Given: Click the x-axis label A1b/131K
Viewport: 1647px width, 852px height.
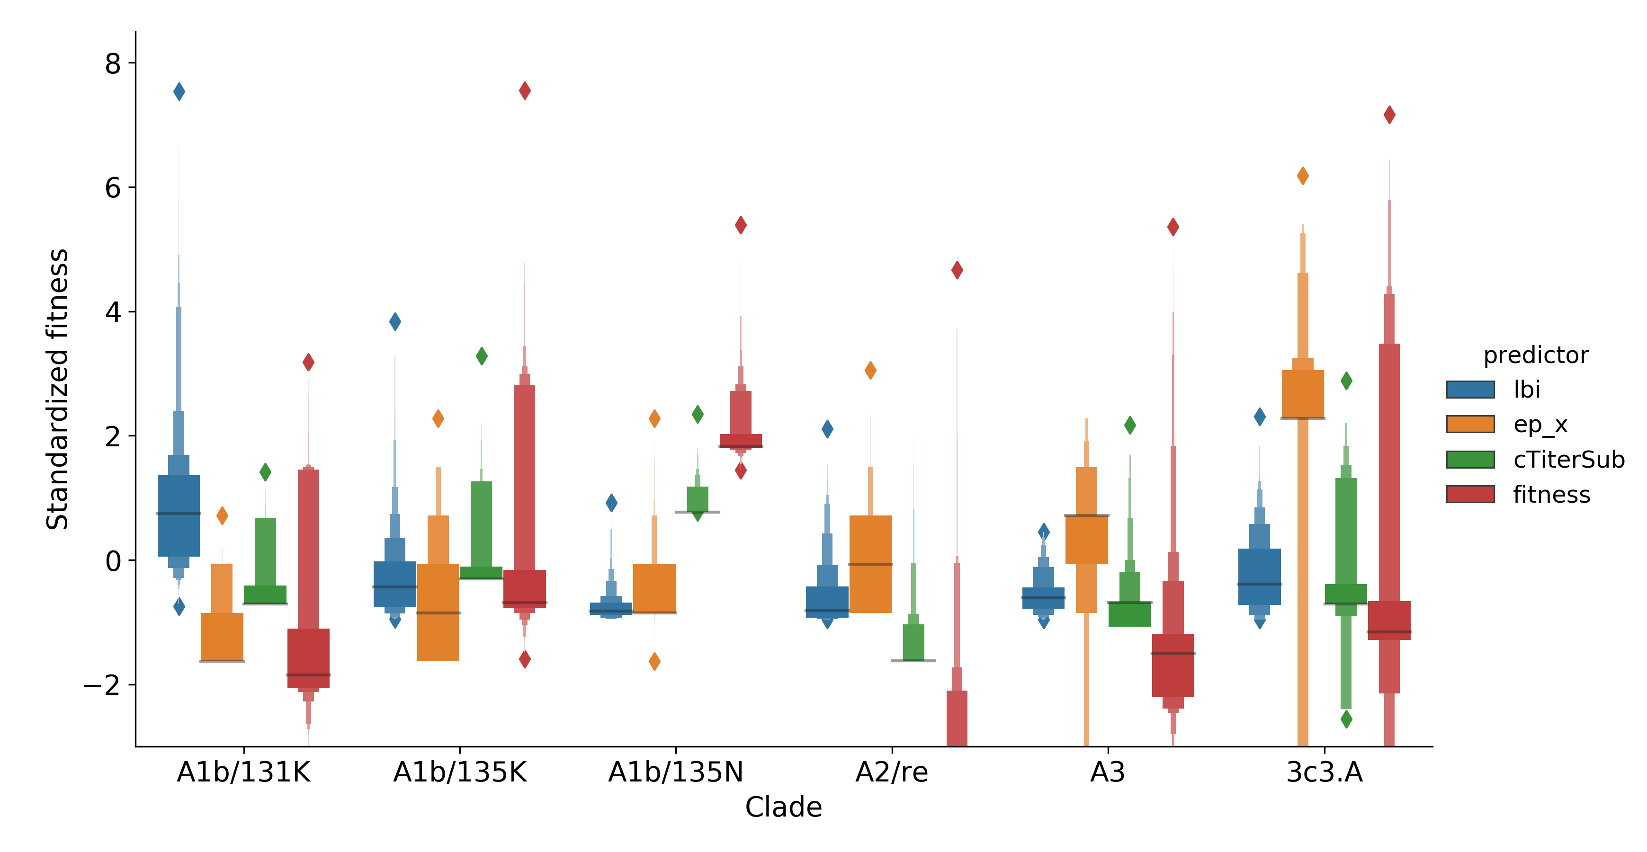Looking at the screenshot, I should coord(243,773).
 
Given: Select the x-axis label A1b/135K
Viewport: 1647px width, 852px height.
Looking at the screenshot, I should coord(460,773).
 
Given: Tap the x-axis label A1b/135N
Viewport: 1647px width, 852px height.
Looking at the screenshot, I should coord(676,773).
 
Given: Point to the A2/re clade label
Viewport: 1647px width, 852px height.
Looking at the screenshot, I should coord(892,773).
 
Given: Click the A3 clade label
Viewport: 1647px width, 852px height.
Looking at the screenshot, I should coord(1107,773).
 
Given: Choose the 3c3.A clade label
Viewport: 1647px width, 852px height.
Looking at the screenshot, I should coord(1324,773).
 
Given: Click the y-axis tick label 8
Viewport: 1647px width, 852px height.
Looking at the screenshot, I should coord(113,64).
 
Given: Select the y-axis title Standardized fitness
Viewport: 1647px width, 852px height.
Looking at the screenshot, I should coord(58,389).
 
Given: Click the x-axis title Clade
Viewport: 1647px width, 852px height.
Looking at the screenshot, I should coord(783,807).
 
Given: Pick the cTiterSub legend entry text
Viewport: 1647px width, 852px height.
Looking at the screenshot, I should coord(1568,460).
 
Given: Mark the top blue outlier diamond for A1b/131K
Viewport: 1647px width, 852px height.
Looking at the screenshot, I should coord(179,91).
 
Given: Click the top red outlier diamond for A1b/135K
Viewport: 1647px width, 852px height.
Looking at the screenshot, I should coord(525,91).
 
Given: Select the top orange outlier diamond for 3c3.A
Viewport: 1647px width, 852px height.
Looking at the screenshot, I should coord(1302,176).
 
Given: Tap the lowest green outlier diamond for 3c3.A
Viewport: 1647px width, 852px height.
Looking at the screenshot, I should coord(1346,719).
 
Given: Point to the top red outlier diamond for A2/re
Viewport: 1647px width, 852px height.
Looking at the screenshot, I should coord(957,270).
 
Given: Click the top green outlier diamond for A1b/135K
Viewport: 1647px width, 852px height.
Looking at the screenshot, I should coord(482,356).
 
